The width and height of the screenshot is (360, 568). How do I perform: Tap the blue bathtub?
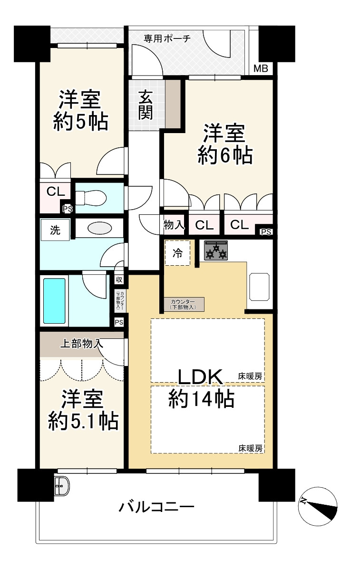click(x=54, y=300)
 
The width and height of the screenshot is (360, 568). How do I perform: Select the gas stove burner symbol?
click(x=216, y=250)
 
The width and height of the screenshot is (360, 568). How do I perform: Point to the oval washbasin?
click(x=100, y=228)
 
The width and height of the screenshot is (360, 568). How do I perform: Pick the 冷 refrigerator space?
click(x=177, y=253)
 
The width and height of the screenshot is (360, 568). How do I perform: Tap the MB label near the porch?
click(x=260, y=69)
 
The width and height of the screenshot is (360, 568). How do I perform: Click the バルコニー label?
click(x=156, y=507)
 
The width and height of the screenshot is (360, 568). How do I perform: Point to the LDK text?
click(x=200, y=377)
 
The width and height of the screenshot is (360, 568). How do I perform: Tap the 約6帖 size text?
click(x=224, y=155)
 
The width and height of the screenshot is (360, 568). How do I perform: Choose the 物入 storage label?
click(x=174, y=224)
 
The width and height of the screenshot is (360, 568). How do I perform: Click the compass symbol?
click(x=317, y=506)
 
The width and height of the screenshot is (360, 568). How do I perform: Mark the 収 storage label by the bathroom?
click(x=119, y=279)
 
